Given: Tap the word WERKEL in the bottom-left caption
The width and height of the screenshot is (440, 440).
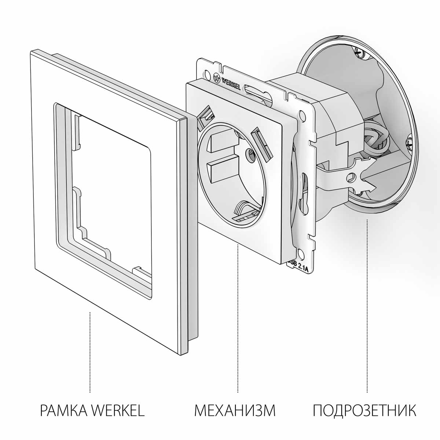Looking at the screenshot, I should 117,410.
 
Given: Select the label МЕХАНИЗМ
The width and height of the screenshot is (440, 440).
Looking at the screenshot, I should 235,410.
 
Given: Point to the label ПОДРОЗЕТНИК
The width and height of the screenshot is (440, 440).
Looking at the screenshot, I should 364,410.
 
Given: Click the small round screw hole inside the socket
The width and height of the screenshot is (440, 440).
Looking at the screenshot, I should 251,156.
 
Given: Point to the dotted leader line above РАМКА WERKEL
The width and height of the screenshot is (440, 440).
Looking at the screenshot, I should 90,352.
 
